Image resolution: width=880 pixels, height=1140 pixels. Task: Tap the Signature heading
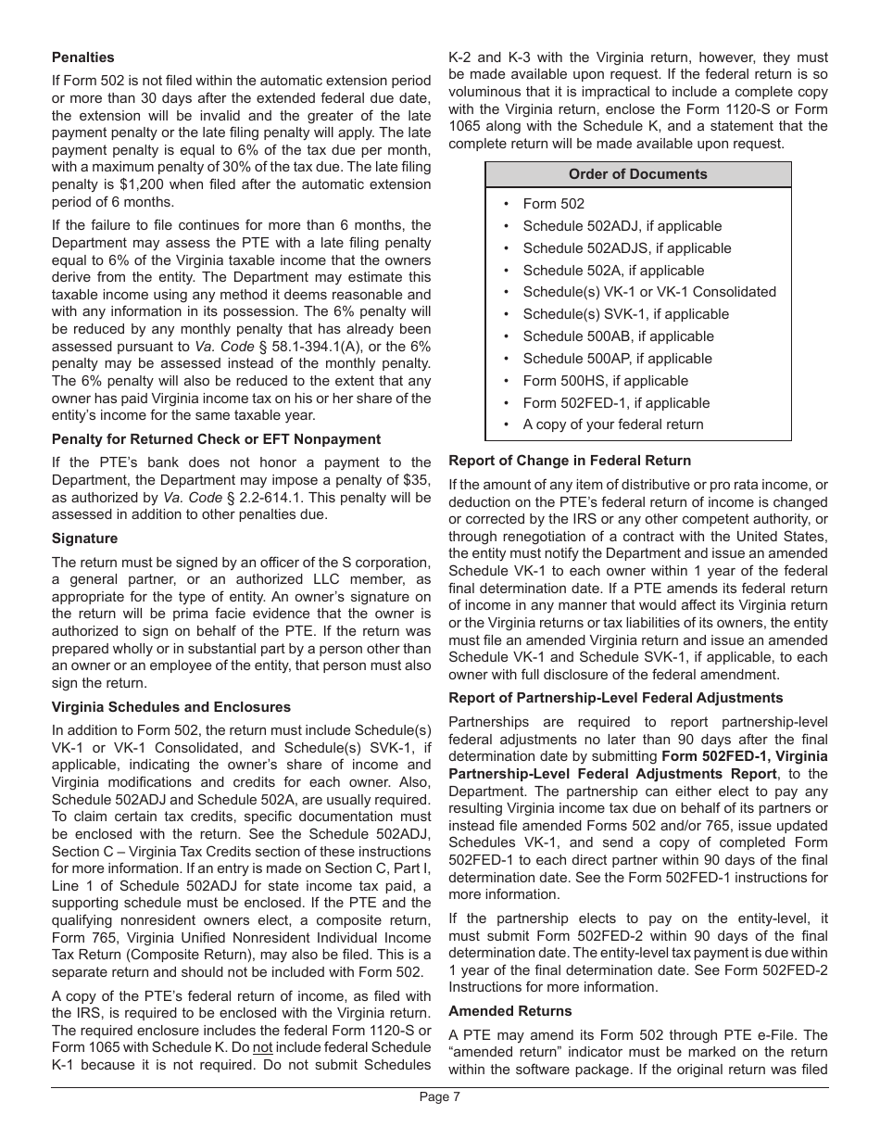pos(84,538)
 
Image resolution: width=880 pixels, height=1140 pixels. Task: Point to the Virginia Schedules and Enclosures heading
pos(171,706)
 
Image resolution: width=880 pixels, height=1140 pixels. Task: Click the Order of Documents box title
pos(637,174)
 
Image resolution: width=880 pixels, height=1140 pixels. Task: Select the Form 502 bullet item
pos(553,204)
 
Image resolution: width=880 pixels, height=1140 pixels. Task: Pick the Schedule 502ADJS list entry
pos(626,248)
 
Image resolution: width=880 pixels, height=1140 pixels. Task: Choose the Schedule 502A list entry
pos(612,271)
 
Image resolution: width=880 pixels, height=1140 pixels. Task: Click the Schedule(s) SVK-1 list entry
pos(625,314)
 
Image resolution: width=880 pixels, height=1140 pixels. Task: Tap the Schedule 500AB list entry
pos(618,336)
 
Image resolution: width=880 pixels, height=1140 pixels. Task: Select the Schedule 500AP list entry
pos(617,359)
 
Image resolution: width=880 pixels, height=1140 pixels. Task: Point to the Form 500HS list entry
pos(605,381)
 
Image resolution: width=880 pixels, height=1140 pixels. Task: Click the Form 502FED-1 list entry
pos(616,403)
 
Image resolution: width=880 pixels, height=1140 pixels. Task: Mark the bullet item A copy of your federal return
pos(612,424)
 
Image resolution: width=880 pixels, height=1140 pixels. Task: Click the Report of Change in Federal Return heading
pos(570,461)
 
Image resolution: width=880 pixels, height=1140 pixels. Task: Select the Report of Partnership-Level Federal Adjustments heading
pos(615,698)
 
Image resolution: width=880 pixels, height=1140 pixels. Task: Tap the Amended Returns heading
pos(510,1011)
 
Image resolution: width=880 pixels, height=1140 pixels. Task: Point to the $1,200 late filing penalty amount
pos(138,184)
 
